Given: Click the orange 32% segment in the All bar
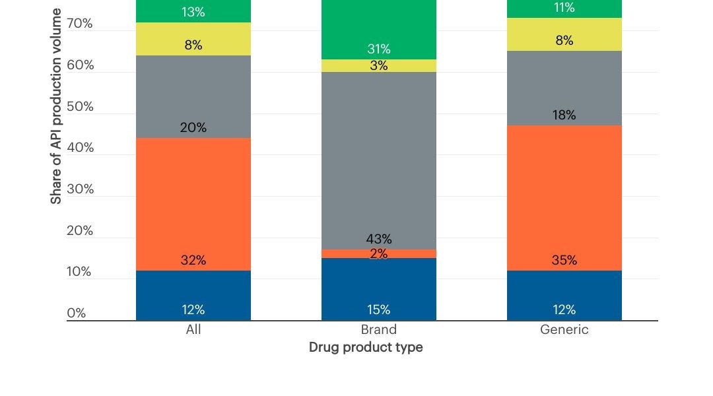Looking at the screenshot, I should tap(193, 204).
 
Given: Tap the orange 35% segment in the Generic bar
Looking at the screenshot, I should tap(564, 198).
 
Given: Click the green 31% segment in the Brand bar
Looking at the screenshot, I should tap(378, 30).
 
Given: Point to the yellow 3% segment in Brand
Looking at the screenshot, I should tap(378, 66).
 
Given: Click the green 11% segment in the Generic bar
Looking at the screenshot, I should tap(564, 9).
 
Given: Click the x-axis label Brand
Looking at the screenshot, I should tap(378, 330).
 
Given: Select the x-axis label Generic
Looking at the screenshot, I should tap(564, 330).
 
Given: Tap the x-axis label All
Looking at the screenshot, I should tap(193, 330).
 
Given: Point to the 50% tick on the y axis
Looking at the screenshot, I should tap(80, 107).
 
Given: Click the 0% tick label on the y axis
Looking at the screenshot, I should tap(77, 313).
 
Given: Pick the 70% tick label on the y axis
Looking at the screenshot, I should tap(80, 24).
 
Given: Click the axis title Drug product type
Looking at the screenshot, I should tap(366, 347).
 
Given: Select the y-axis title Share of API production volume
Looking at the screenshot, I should tap(56, 106).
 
